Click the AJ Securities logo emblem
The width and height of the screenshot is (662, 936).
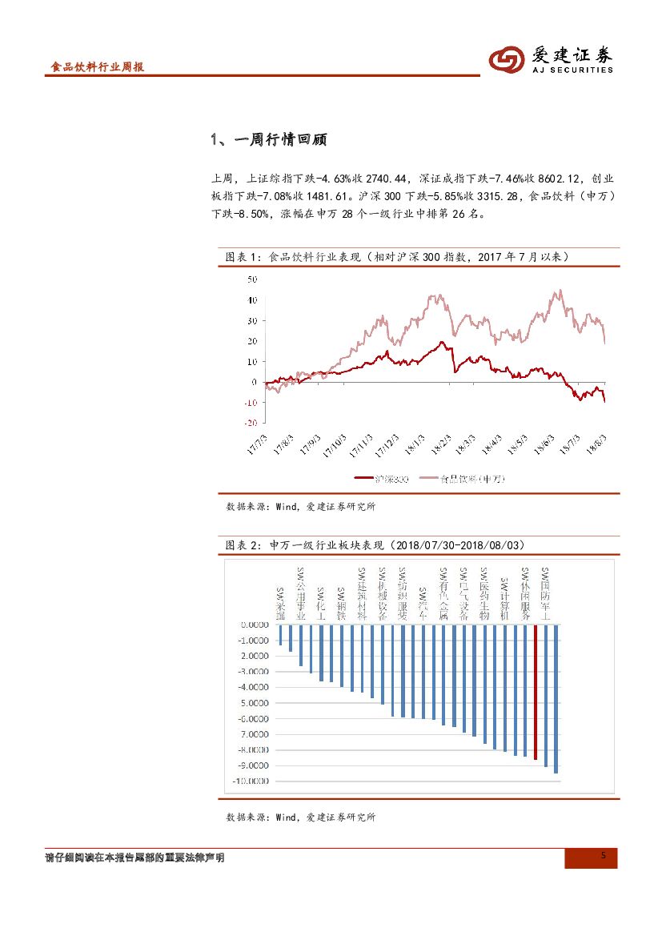tap(508, 60)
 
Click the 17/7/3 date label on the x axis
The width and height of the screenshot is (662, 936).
tap(259, 444)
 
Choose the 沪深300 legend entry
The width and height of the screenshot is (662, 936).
tap(382, 479)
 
